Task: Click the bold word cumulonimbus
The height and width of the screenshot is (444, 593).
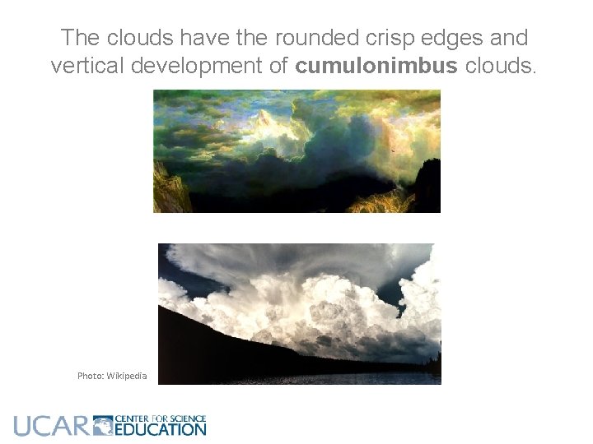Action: pyautogui.click(x=375, y=66)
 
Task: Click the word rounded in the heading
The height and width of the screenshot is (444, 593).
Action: pyautogui.click(x=320, y=38)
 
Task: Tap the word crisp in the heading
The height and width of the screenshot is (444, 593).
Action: pyautogui.click(x=391, y=38)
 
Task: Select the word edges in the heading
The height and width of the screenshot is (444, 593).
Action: pyautogui.click(x=454, y=38)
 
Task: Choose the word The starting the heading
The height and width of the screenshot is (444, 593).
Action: pyautogui.click(x=80, y=38)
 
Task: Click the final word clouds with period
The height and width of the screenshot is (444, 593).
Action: pyautogui.click(x=500, y=66)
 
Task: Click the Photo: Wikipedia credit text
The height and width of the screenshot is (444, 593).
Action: pyautogui.click(x=112, y=376)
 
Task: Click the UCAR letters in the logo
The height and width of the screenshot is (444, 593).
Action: pyautogui.click(x=49, y=425)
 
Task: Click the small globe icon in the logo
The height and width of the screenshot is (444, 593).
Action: pyautogui.click(x=102, y=425)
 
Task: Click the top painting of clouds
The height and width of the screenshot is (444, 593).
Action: pyautogui.click(x=296, y=150)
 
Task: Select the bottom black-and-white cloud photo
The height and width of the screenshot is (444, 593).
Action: pyautogui.click(x=300, y=313)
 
